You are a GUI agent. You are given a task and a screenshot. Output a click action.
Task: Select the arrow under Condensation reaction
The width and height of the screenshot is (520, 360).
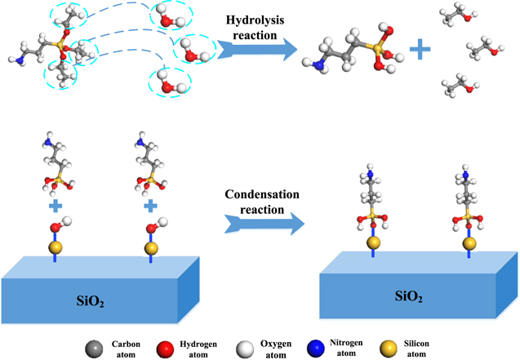[260, 223]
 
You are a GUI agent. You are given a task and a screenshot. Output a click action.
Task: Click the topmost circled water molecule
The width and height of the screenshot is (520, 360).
[167, 16]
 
